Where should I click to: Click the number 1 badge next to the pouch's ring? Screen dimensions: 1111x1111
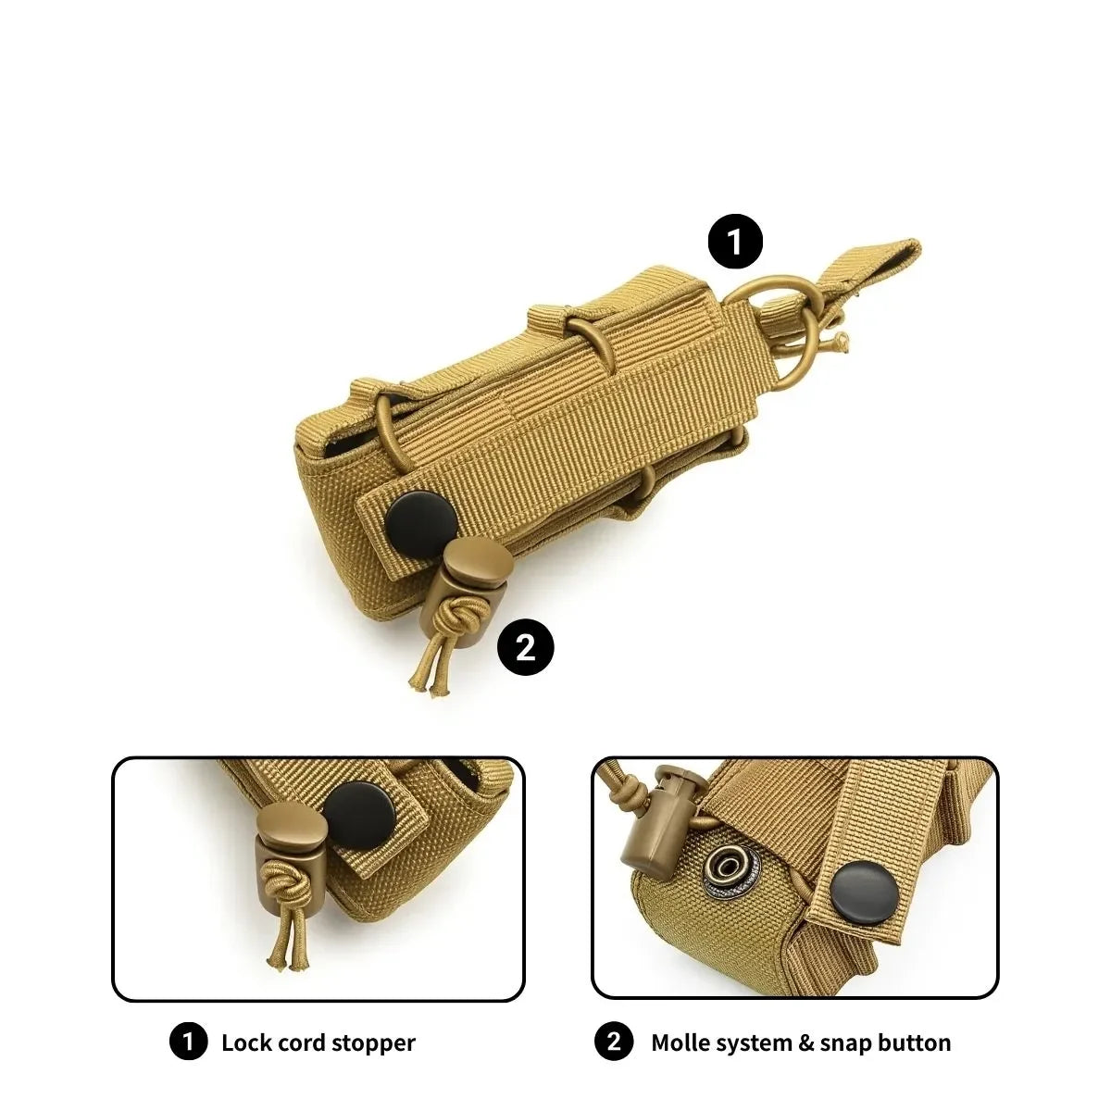735,243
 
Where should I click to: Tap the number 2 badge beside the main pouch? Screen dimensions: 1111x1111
525,647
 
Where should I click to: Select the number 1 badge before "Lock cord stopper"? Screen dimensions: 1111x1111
188,1042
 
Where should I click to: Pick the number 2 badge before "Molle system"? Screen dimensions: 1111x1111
614,1042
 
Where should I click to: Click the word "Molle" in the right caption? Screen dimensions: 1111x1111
680,1042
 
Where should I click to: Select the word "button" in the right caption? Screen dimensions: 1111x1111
915,1042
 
